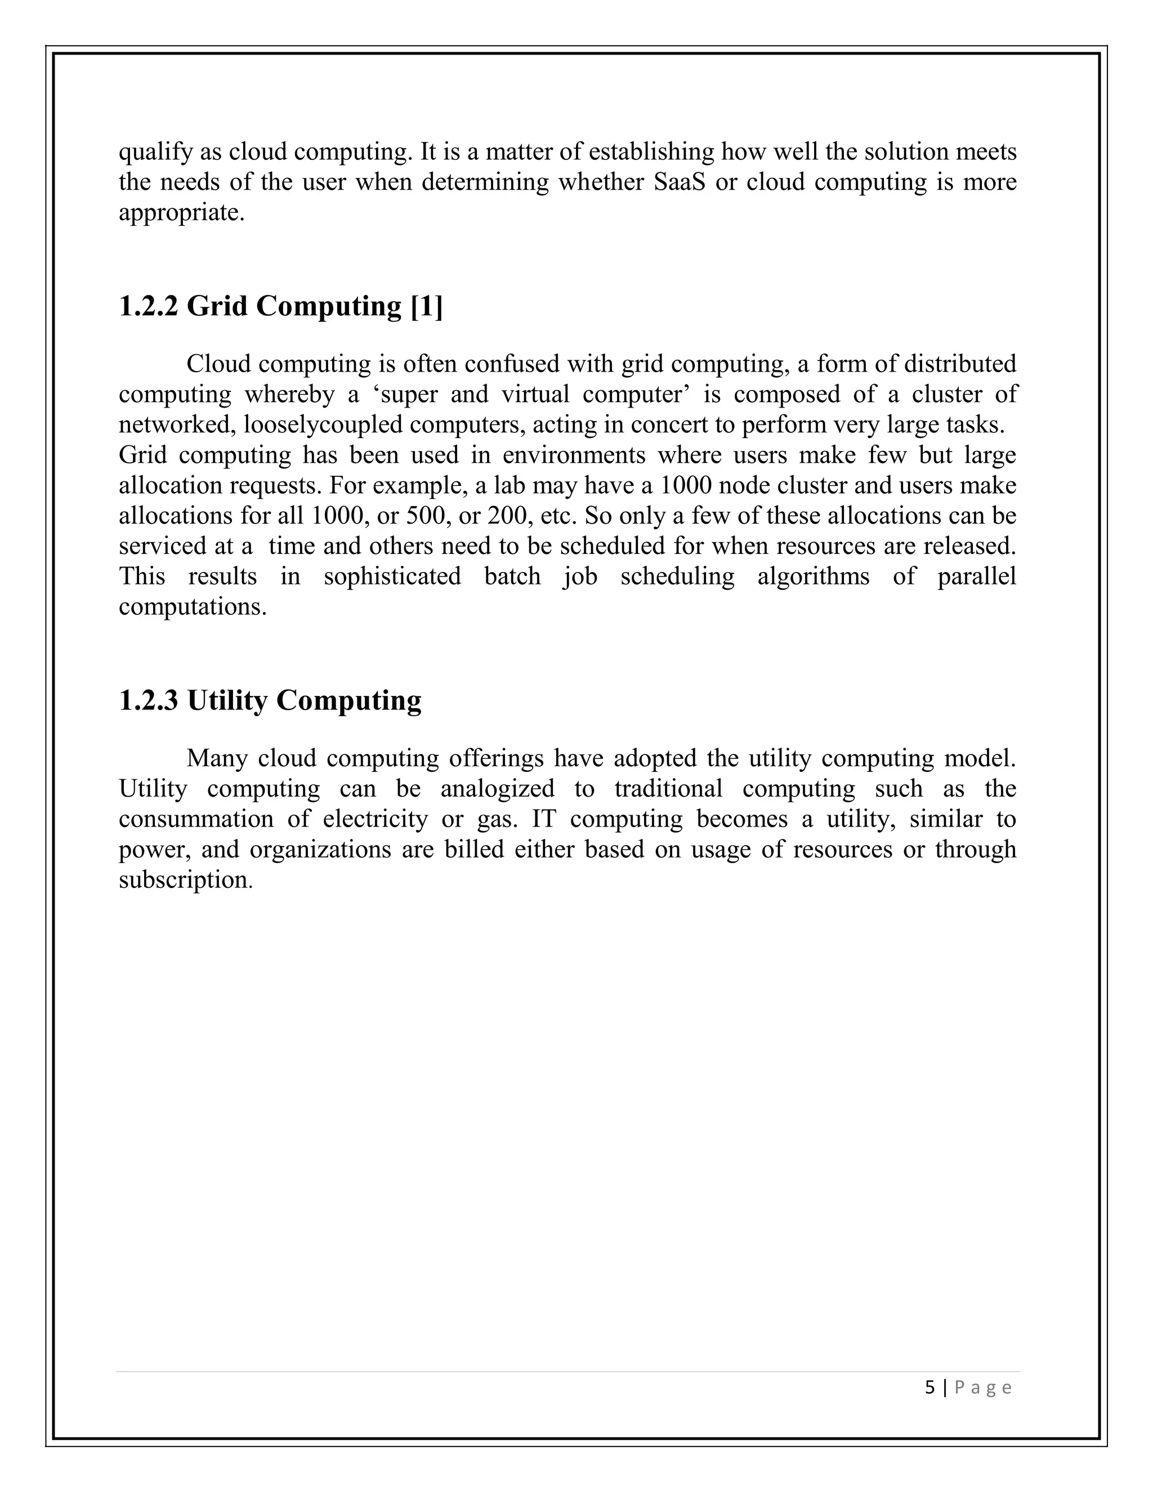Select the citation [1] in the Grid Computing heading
[x=427, y=306]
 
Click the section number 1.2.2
[x=148, y=306]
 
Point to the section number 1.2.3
[x=148, y=701]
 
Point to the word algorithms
[x=813, y=577]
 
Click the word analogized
[x=497, y=789]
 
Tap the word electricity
[x=375, y=819]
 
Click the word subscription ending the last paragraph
[x=185, y=880]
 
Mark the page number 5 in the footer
[x=929, y=1387]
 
